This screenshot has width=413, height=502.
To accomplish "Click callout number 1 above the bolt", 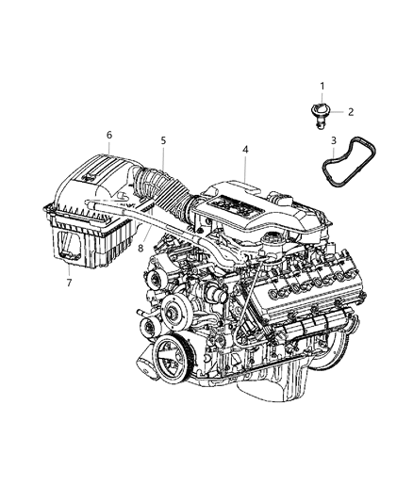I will coord(322,87).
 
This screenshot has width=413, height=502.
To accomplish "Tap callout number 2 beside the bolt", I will coord(350,112).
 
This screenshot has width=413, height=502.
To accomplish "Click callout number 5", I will coord(163,140).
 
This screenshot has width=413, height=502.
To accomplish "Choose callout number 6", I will coord(108,135).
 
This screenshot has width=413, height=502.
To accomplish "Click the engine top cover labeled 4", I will coord(247,207).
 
